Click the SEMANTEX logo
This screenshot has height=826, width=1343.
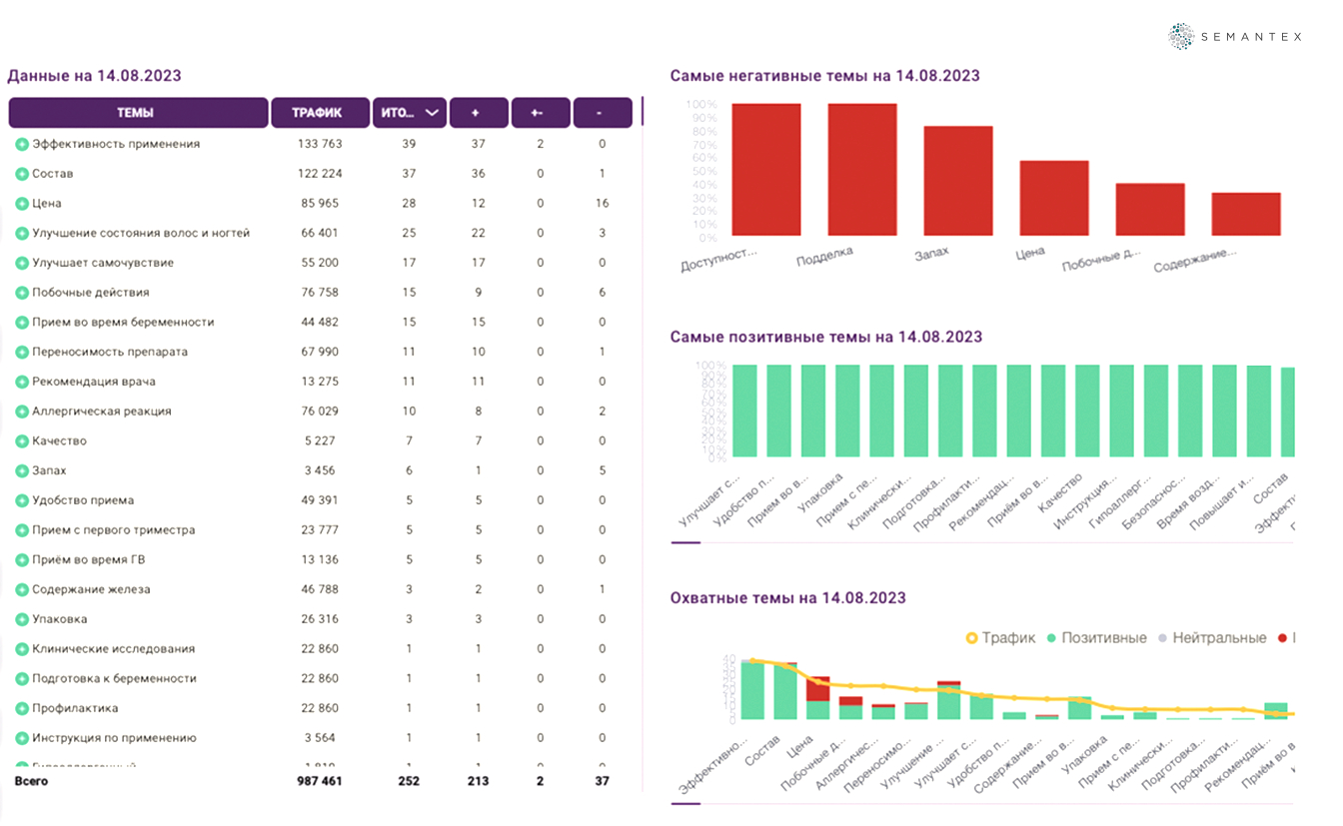coord(1235,36)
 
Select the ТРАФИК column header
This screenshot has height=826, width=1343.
coord(317,113)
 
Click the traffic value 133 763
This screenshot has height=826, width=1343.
coord(320,144)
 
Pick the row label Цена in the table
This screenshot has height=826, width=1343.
coord(47,203)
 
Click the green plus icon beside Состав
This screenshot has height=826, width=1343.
coord(21,174)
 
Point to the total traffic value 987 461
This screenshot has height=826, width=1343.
coord(320,781)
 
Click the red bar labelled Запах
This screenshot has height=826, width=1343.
coord(957,181)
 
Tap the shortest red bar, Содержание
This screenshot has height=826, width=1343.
coord(1245,214)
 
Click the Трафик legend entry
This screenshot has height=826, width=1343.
coord(1000,637)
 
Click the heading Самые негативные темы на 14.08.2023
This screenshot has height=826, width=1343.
coord(824,76)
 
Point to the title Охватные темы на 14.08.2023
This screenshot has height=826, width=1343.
coord(787,598)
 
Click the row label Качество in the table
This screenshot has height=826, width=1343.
coord(59,440)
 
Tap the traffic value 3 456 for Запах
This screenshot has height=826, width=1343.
coord(320,470)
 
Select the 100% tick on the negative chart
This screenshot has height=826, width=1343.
coord(701,104)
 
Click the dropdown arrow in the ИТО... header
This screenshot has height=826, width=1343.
coord(432,113)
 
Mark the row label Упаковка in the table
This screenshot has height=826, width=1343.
coord(59,619)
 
